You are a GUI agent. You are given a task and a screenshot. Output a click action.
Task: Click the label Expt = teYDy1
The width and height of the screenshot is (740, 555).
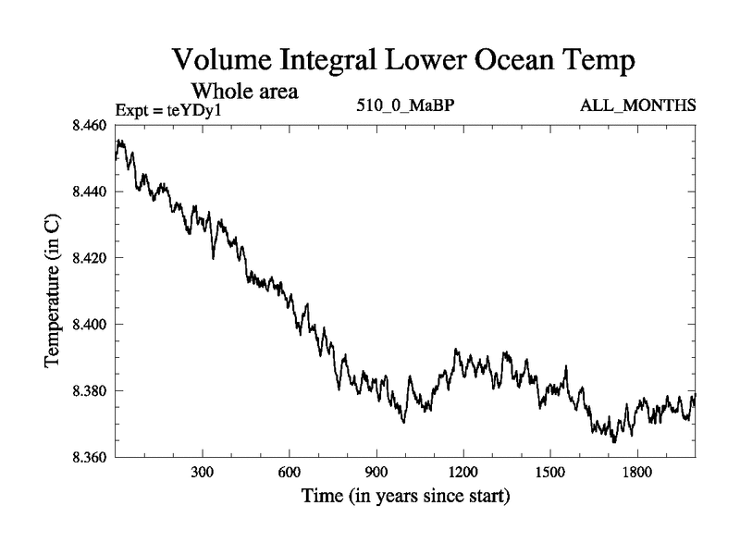(169, 110)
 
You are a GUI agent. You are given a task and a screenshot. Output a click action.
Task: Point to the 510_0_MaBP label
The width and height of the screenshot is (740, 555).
(405, 105)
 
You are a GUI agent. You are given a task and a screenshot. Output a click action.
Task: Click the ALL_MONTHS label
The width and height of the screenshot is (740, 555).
(637, 105)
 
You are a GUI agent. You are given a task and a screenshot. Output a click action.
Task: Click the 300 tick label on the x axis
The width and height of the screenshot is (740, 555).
(203, 473)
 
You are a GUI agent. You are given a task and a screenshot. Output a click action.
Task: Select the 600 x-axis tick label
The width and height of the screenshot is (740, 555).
(290, 473)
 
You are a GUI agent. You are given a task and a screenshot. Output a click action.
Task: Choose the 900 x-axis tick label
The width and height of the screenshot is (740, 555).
(376, 473)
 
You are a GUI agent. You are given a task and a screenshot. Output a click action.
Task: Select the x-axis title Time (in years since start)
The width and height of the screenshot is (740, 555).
(405, 497)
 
